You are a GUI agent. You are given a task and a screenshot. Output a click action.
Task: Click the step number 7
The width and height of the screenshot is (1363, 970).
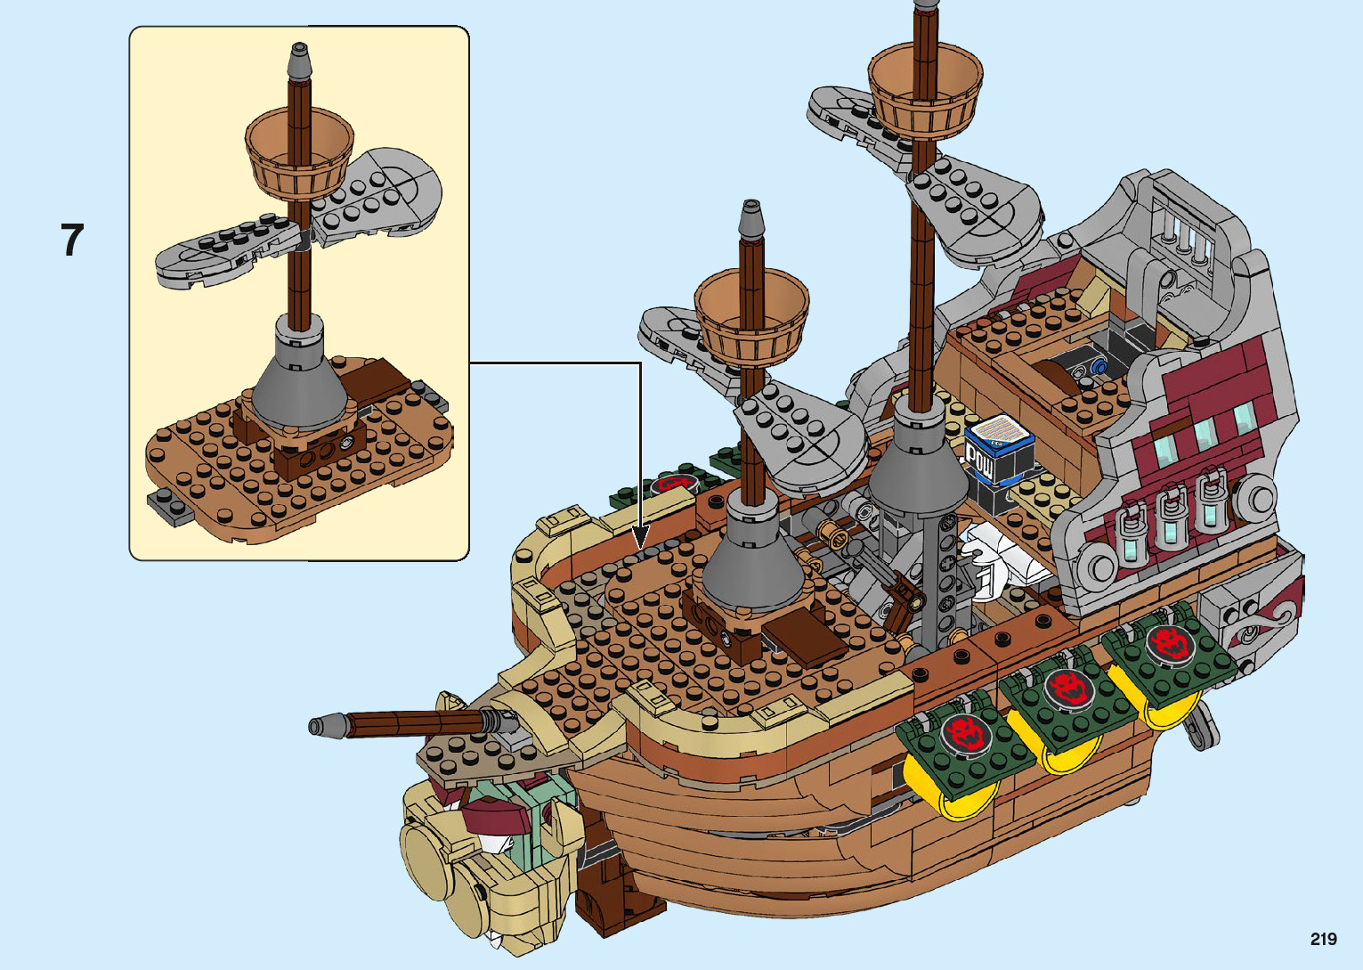pos(72,240)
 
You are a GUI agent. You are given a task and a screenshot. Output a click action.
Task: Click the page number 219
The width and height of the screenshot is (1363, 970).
pos(1323,939)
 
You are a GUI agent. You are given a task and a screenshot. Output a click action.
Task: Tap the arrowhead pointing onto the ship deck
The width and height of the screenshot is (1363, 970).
pos(640,538)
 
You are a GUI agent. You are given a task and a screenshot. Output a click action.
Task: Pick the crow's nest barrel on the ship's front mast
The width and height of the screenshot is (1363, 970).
pos(751,313)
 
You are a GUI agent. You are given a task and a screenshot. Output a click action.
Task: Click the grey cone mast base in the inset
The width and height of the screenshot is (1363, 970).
pos(298,381)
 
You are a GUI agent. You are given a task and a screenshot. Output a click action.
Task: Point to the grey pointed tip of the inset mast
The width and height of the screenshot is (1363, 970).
pos(298,62)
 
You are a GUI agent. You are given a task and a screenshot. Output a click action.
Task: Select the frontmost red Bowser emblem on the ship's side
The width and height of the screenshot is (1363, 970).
pos(963,732)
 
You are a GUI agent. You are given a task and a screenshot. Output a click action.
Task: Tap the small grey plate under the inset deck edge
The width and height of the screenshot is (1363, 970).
pos(172,506)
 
